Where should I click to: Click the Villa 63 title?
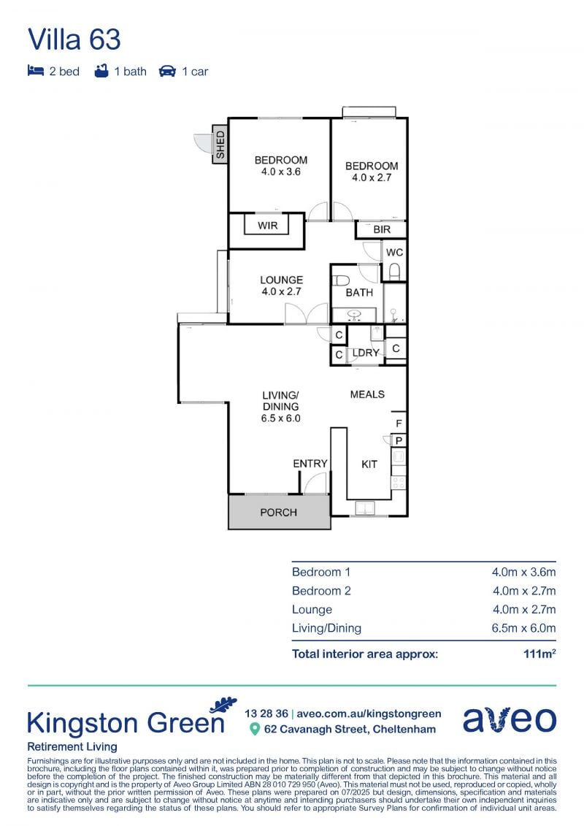pyautogui.click(x=74, y=39)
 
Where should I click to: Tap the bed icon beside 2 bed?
pyautogui.click(x=35, y=71)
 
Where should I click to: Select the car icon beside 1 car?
pyautogui.click(x=167, y=71)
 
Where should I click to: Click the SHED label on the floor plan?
pyautogui.click(x=220, y=145)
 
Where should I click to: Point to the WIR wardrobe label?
pyautogui.click(x=267, y=226)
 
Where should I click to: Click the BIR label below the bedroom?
pyautogui.click(x=382, y=229)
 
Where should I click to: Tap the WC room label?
pyautogui.click(x=394, y=253)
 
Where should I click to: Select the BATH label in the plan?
pyautogui.click(x=359, y=292)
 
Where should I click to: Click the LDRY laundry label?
pyautogui.click(x=366, y=353)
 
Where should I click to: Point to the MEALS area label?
pyautogui.click(x=367, y=394)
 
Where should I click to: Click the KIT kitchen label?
pyautogui.click(x=369, y=464)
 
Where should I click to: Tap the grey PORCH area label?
pyautogui.click(x=279, y=512)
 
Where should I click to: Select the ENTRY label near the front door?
pyautogui.click(x=310, y=464)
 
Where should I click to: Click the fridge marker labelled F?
pyautogui.click(x=399, y=424)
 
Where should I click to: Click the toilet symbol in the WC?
pyautogui.click(x=394, y=271)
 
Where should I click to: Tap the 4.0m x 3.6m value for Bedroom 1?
pyautogui.click(x=523, y=572)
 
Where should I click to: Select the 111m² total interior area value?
pyautogui.click(x=539, y=654)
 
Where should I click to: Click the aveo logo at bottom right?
pyautogui.click(x=510, y=719)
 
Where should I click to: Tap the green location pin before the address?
pyautogui.click(x=255, y=729)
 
